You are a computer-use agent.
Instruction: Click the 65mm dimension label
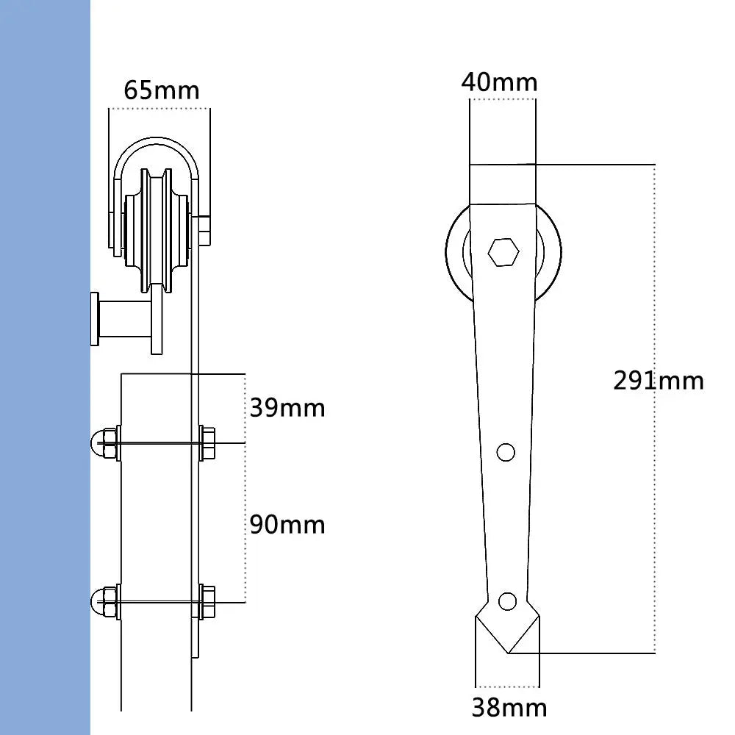(161, 90)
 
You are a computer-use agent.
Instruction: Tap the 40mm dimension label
(499, 81)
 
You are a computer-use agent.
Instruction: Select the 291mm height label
(659, 380)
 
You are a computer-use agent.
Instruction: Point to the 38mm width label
(509, 707)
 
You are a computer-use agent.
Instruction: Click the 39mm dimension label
(287, 408)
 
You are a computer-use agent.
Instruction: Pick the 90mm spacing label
(287, 525)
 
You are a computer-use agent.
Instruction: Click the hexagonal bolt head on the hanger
(503, 253)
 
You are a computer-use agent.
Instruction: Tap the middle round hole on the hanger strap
(506, 452)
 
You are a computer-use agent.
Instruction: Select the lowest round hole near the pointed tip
(506, 601)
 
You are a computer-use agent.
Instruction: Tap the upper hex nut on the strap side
(207, 443)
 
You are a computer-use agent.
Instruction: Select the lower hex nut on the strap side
(207, 603)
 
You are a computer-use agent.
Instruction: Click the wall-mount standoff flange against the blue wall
(96, 319)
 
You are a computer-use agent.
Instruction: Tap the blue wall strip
(44, 367)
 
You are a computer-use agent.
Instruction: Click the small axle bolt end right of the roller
(204, 230)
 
